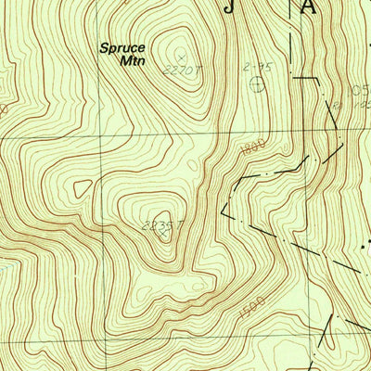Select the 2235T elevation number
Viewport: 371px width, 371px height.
(157, 224)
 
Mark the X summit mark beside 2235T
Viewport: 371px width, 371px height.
(164, 233)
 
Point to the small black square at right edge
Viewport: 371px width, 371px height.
(365, 249)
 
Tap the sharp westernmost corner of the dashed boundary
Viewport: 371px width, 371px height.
(222, 212)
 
